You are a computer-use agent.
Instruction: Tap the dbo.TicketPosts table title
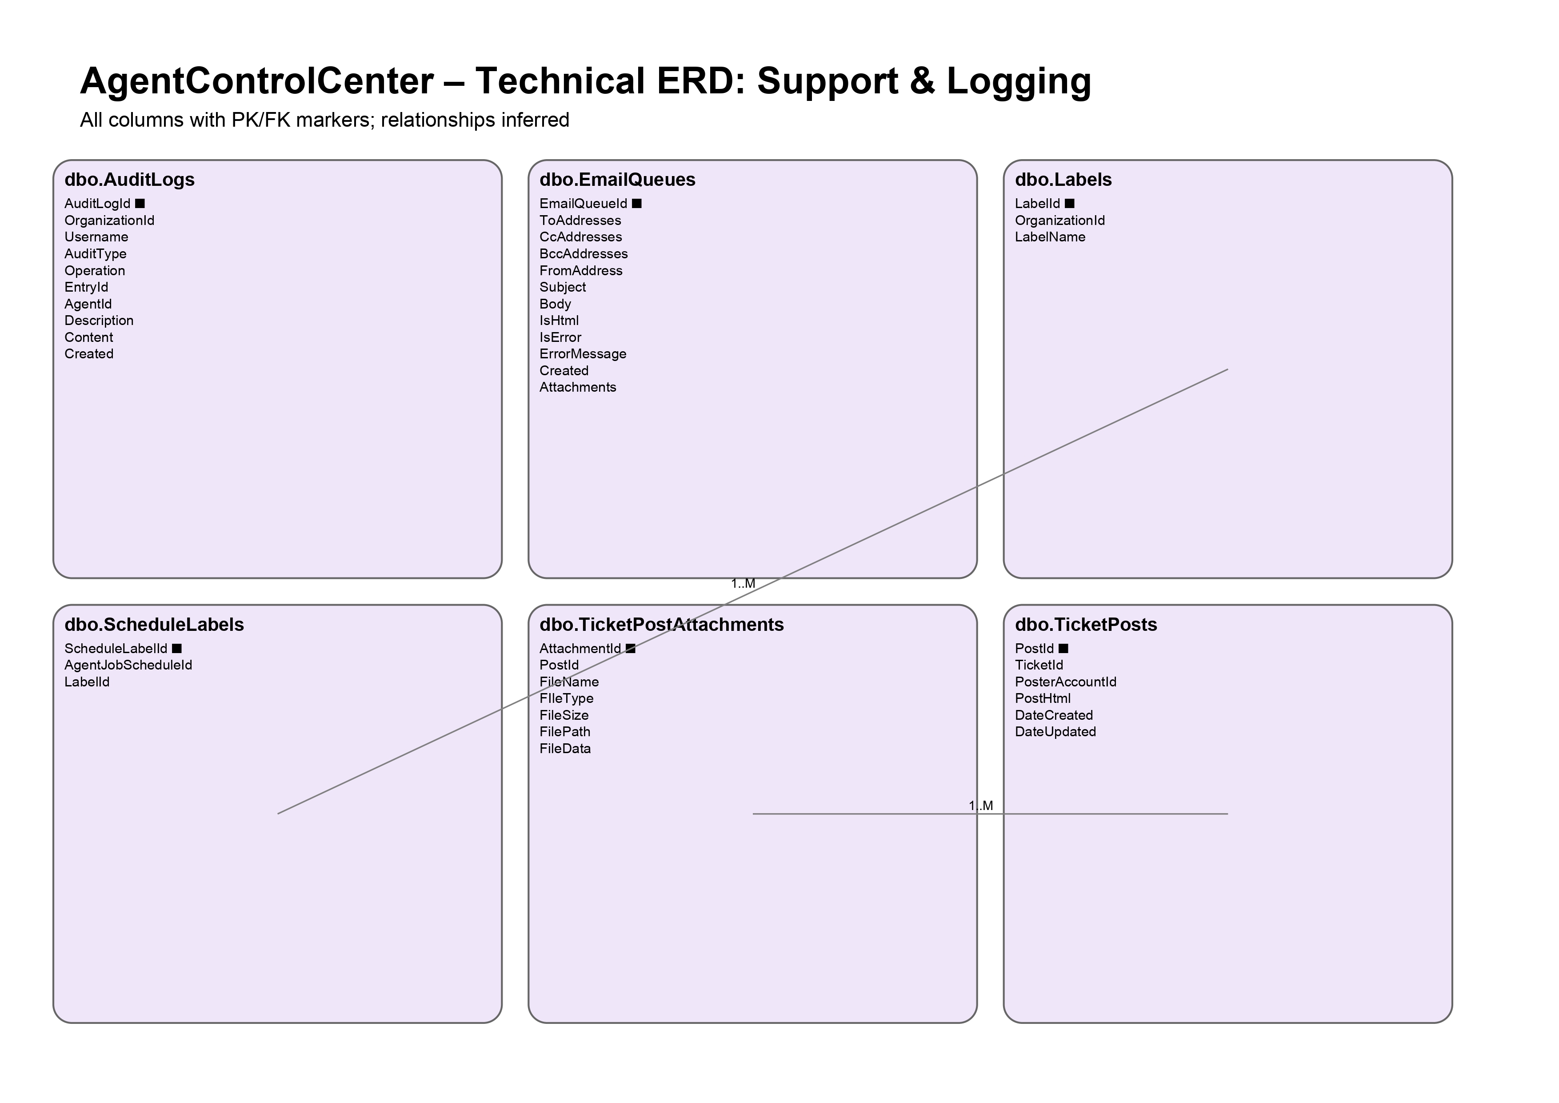click(1085, 625)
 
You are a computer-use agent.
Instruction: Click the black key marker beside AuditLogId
click(140, 204)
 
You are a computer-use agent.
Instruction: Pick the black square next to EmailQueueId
click(636, 204)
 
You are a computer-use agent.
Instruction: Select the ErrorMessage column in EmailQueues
click(583, 354)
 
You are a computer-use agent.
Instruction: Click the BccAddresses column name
click(583, 254)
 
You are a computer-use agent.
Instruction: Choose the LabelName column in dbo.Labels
click(1050, 237)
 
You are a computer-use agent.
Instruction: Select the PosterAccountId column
click(1065, 682)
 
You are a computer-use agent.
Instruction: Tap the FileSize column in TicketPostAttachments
click(564, 715)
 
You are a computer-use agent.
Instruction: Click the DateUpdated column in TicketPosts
click(1055, 732)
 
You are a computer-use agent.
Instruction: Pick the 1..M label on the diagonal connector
click(743, 583)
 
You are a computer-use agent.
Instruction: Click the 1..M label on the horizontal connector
click(980, 806)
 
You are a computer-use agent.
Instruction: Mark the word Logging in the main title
click(1019, 81)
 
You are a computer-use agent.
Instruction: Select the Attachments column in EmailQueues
click(577, 387)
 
